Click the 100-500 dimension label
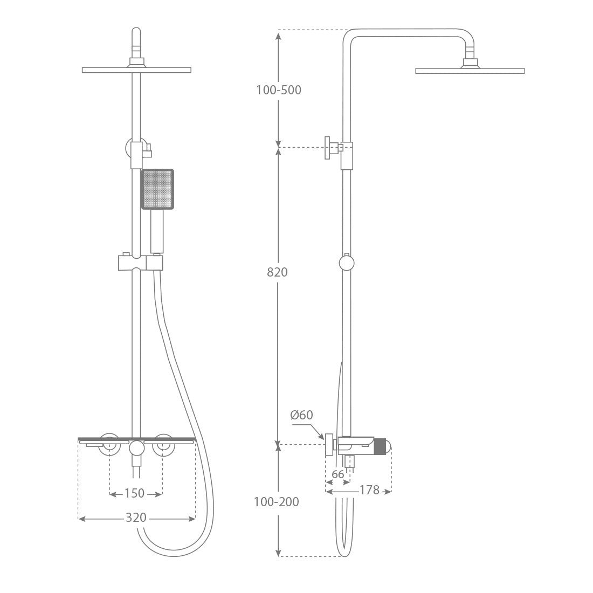click(278, 90)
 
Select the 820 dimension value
click(278, 272)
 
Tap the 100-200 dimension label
click(276, 502)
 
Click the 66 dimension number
click(337, 475)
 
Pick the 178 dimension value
click(369, 490)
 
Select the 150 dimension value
click(135, 493)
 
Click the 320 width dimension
click(136, 518)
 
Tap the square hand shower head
click(157, 189)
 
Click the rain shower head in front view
click(136, 70)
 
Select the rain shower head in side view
click(470, 71)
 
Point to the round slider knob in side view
click(347, 263)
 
